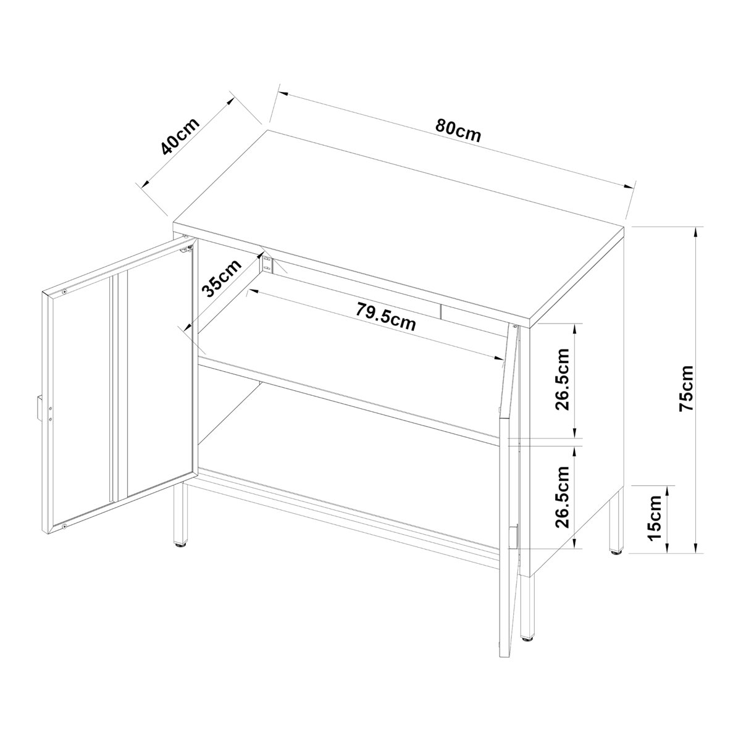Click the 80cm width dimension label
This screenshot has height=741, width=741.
458,130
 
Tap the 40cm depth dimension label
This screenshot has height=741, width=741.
180,136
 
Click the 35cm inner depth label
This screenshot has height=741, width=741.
220,278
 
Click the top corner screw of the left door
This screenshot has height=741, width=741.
65,291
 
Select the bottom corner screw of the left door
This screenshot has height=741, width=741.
65,526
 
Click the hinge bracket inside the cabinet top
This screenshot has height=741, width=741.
267,264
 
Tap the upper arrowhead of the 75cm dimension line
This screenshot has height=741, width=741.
696,233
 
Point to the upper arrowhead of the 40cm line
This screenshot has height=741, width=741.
230,101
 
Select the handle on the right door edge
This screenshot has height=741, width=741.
513,537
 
